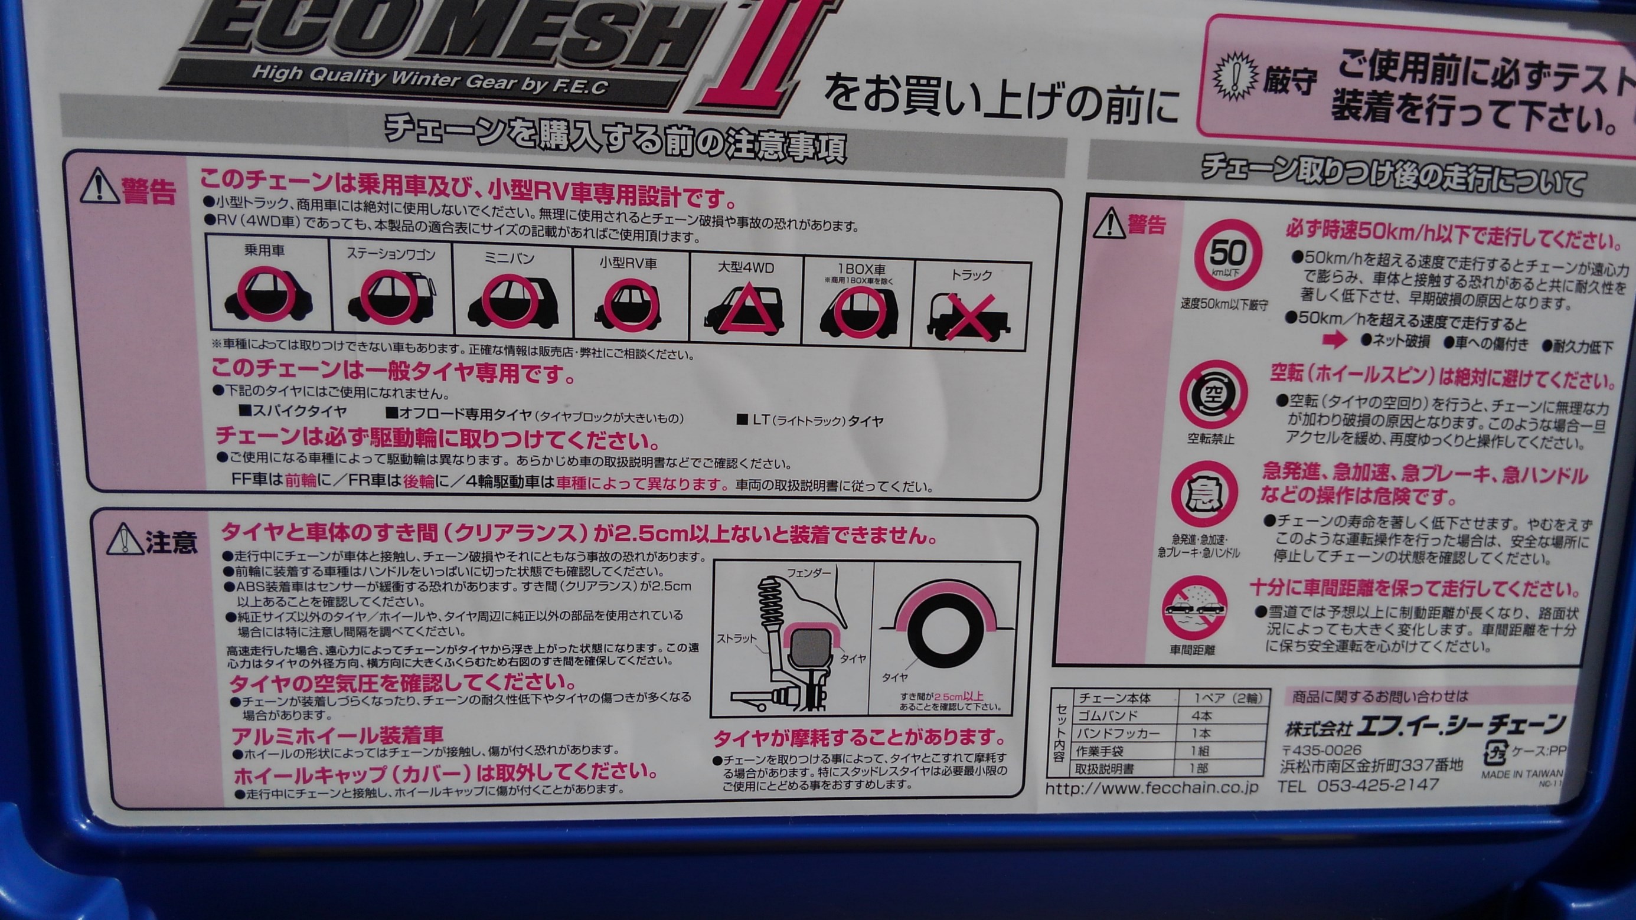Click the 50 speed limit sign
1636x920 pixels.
tap(1227, 256)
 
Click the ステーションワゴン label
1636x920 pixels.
tap(391, 254)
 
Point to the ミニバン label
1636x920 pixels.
tap(510, 258)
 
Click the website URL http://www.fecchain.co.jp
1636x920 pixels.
tap(1142, 788)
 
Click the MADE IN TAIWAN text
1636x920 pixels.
tap(1522, 775)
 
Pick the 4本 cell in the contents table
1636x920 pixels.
tap(1201, 716)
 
